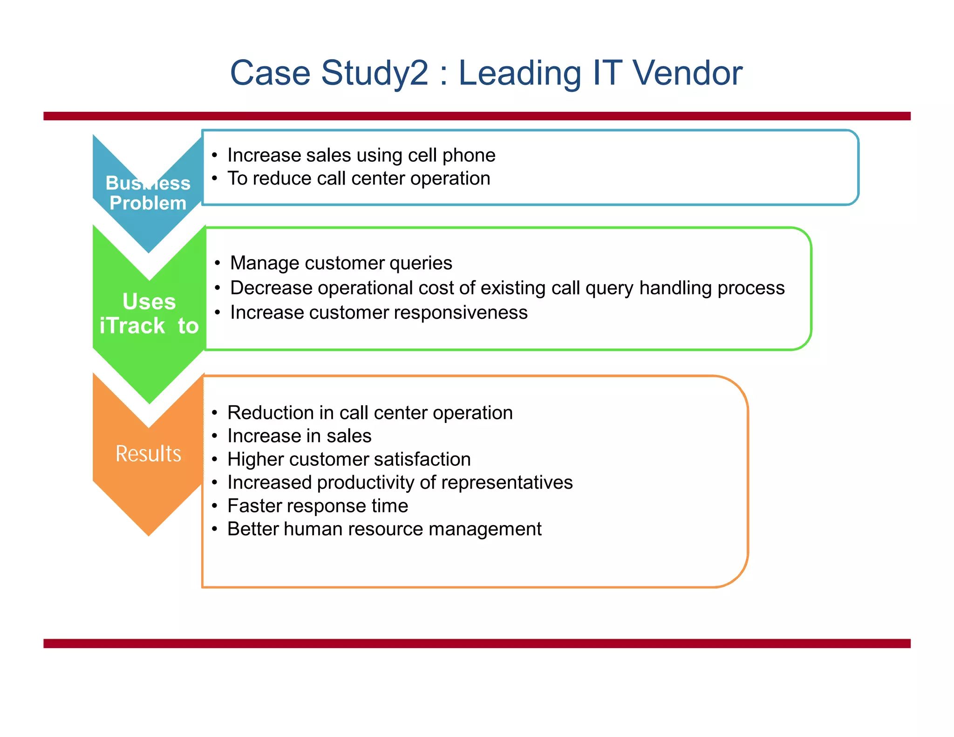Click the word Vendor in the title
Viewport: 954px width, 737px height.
[x=687, y=73]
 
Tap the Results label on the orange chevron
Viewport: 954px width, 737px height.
[x=148, y=453]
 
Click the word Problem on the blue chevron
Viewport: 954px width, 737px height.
[x=148, y=203]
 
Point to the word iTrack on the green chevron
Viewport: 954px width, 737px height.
[x=132, y=326]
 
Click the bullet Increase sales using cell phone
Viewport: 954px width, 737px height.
[x=361, y=155]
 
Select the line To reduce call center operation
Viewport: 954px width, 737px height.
[x=358, y=178]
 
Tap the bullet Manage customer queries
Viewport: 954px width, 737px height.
[x=341, y=263]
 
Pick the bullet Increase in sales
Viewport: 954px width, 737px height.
[x=299, y=436]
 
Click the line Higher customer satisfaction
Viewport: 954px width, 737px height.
[x=348, y=459]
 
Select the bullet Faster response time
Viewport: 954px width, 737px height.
[x=317, y=506]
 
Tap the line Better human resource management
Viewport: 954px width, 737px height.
[x=384, y=529]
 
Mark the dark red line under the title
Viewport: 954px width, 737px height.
[x=477, y=116]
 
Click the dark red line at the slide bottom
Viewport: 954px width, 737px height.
[x=477, y=643]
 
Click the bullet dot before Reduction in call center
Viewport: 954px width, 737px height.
[x=214, y=413]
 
